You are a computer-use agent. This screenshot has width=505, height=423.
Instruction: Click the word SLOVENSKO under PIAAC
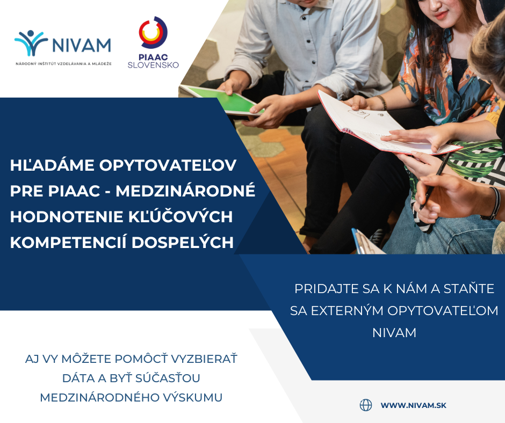[x=153, y=65]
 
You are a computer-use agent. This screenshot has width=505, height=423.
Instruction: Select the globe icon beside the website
[x=366, y=405]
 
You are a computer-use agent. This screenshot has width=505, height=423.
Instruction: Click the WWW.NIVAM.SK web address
[x=413, y=405]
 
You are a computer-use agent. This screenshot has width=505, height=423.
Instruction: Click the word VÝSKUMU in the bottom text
[x=196, y=397]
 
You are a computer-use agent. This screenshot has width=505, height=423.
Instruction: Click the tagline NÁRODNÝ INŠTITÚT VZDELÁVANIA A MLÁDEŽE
[x=63, y=63]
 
